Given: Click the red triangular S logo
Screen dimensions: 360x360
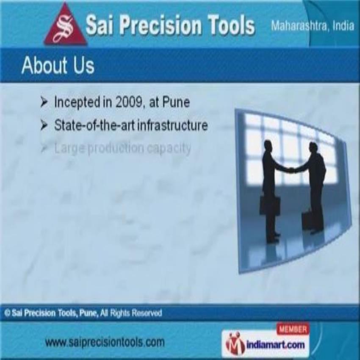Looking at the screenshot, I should [65, 26].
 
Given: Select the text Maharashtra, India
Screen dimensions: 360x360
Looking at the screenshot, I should [312, 26].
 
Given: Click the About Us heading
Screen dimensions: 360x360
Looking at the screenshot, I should [58, 65].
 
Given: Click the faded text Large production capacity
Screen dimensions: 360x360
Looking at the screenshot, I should [122, 148].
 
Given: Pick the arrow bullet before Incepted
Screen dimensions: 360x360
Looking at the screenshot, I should [44, 102].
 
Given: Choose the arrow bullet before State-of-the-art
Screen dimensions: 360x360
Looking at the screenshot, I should [44, 126].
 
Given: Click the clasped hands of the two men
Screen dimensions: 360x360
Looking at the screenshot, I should [291, 170].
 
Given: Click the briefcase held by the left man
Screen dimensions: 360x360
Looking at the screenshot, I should [269, 205].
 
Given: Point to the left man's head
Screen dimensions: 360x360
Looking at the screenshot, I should [269, 144].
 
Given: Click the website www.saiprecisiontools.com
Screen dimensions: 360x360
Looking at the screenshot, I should [105, 342].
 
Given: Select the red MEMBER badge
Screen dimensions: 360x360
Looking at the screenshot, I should [293, 329].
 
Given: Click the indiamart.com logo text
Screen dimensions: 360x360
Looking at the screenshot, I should [275, 344].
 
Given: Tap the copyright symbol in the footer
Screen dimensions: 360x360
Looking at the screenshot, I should [7, 313].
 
